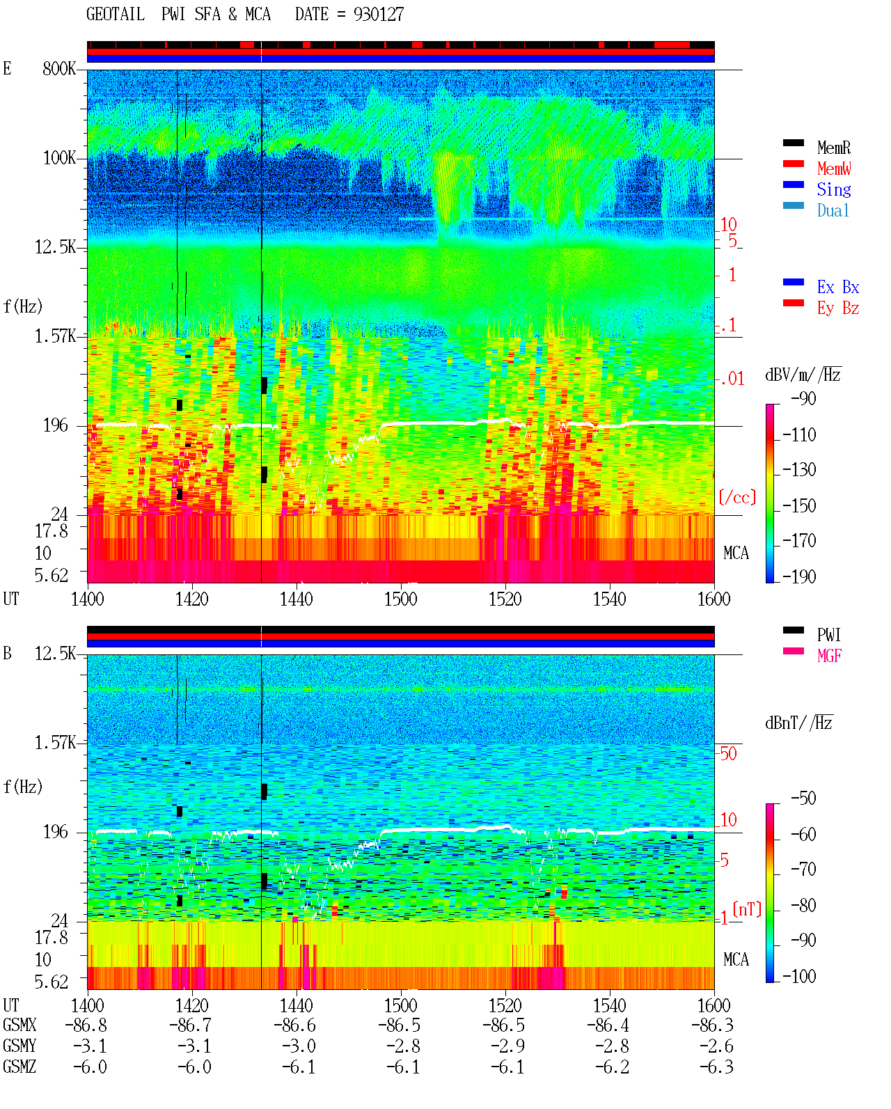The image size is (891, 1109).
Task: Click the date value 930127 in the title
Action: [x=378, y=15]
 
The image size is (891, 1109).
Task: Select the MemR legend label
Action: [x=833, y=148]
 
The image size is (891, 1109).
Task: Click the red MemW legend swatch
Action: [x=793, y=164]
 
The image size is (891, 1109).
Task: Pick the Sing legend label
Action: [x=833, y=189]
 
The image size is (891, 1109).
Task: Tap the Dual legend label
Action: [x=833, y=210]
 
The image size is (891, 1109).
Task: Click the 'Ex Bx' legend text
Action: [x=838, y=287]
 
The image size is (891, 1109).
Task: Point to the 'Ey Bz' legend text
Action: [x=838, y=308]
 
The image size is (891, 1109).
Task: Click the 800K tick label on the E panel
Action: [x=59, y=68]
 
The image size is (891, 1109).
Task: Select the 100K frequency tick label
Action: [x=59, y=158]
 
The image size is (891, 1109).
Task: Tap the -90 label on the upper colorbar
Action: [x=803, y=398]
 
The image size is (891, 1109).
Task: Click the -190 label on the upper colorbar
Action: [x=799, y=576]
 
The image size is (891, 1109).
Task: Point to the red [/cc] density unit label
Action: [x=737, y=497]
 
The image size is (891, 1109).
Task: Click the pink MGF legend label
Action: [x=829, y=656]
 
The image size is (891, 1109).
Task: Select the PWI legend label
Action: [x=829, y=634]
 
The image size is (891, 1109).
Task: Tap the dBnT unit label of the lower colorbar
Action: [x=798, y=723]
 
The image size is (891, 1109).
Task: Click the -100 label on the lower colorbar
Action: [x=799, y=976]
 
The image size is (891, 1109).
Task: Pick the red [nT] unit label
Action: [x=747, y=909]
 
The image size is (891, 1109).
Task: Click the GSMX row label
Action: [x=19, y=1025]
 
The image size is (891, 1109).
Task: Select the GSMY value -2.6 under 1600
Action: [x=716, y=1046]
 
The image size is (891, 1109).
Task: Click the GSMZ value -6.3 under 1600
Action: [x=716, y=1067]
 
